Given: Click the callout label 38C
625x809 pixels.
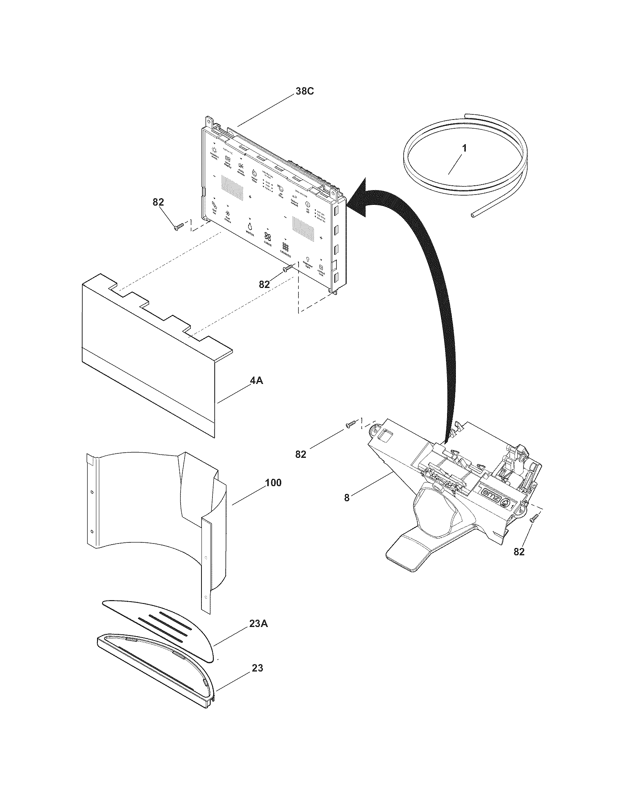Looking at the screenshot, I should point(304,91).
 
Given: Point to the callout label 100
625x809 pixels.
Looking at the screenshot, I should point(273,483).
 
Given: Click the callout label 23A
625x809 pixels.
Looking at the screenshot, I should point(258,624).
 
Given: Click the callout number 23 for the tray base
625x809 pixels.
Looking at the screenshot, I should point(257,668).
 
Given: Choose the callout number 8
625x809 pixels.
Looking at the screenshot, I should point(347,498).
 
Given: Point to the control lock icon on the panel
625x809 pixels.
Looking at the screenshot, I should point(321,267).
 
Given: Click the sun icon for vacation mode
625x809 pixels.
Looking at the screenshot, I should point(214,150).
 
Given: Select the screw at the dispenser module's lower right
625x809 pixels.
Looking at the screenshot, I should point(533,520).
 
